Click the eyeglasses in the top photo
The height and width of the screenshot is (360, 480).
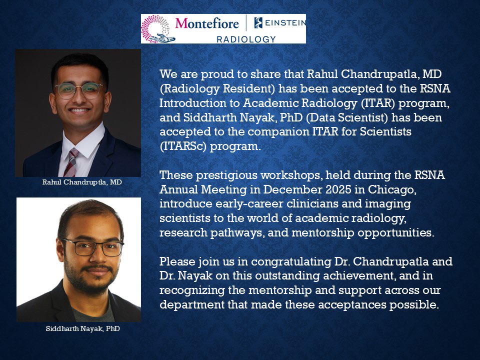(x=78, y=90)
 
